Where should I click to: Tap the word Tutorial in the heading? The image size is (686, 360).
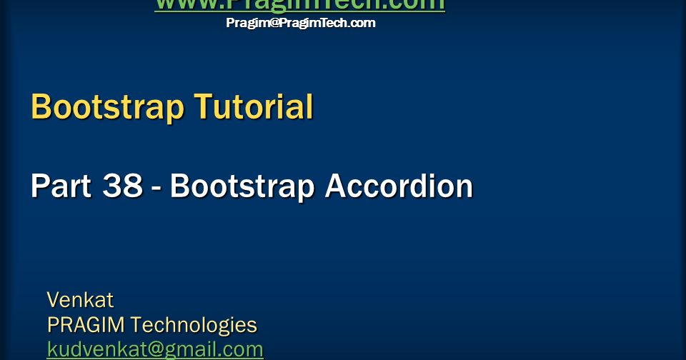pyautogui.click(x=254, y=107)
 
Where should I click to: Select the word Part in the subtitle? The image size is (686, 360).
pyautogui.click(x=60, y=186)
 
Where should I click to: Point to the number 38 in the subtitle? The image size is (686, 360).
pyautogui.click(x=122, y=186)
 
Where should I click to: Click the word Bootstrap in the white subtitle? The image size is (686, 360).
pyautogui.click(x=243, y=186)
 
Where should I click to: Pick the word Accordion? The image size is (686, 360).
pyautogui.click(x=399, y=186)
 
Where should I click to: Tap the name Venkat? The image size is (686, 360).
pyautogui.click(x=80, y=299)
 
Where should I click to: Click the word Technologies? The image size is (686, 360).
pyautogui.click(x=194, y=325)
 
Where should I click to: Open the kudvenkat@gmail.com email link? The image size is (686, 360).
pyautogui.click(x=155, y=350)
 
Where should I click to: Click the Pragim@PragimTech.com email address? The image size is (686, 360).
pyautogui.click(x=300, y=23)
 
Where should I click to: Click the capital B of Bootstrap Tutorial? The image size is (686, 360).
pyautogui.click(x=41, y=107)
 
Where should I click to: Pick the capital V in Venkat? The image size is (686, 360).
pyautogui.click(x=54, y=299)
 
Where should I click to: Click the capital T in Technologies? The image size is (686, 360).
pyautogui.click(x=137, y=325)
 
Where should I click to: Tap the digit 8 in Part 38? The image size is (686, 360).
pyautogui.click(x=132, y=186)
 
